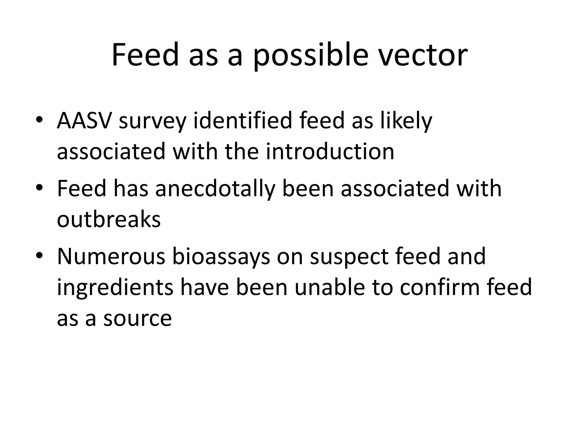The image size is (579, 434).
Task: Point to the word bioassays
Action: [x=221, y=257]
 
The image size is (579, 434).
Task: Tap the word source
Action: [x=137, y=318]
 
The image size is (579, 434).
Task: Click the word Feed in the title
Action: [x=145, y=55]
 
